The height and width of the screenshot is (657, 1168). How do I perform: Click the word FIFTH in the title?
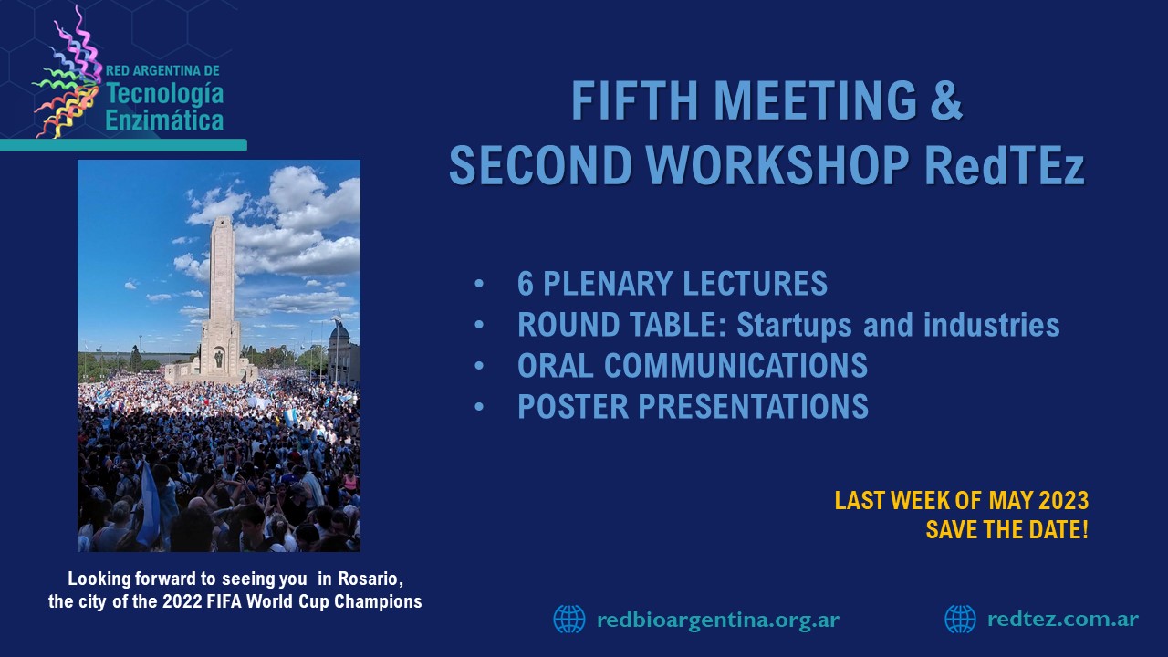[x=634, y=100]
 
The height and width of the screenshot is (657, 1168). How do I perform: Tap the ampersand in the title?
[x=944, y=100]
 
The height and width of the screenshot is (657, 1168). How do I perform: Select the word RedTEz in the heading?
[x=1005, y=164]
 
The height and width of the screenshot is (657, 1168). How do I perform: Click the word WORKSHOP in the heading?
[x=778, y=164]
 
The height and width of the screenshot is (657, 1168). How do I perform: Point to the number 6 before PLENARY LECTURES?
[x=525, y=284]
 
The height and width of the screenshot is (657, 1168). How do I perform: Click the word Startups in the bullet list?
[x=794, y=326]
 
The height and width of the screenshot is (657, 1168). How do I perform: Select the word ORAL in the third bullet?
[x=555, y=365]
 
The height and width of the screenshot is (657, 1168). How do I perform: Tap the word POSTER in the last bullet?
[x=573, y=406]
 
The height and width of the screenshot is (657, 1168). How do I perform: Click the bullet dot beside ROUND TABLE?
[x=479, y=325]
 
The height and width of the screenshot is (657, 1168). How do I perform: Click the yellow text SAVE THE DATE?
[x=1006, y=530]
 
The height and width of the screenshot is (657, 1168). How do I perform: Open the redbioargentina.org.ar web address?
[x=718, y=620]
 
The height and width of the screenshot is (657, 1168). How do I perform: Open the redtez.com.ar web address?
[x=1063, y=619]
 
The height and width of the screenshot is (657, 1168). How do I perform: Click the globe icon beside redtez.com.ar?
[x=961, y=619]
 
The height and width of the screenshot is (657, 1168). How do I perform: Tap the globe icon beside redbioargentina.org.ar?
[x=569, y=619]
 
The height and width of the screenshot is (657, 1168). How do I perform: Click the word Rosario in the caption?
[x=370, y=579]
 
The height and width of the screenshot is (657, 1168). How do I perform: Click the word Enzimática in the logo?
[x=164, y=120]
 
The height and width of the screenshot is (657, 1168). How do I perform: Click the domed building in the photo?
[x=342, y=355]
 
